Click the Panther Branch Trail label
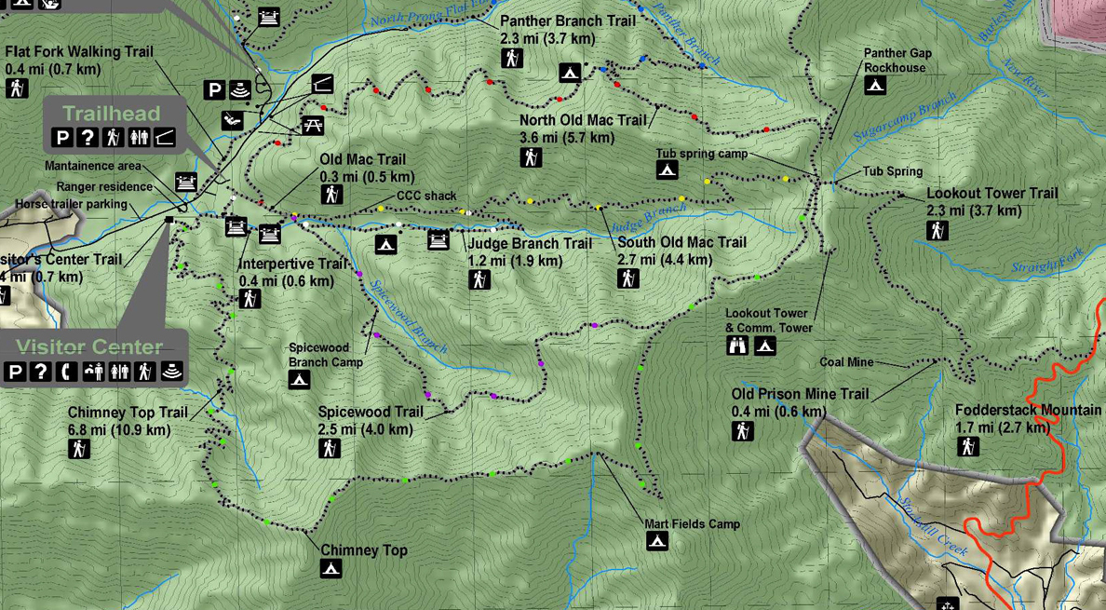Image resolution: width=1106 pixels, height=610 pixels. point(567,21)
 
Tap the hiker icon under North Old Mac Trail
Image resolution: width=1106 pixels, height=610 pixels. point(532,158)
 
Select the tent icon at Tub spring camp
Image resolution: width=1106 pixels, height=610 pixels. point(667,169)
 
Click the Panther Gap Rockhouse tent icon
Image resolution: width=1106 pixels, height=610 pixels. point(874,86)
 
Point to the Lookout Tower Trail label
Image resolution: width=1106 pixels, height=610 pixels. point(991,194)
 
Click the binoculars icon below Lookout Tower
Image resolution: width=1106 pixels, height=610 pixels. point(737,346)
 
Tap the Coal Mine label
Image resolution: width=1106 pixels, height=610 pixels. point(846,362)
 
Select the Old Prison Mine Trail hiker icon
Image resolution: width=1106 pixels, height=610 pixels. point(742,431)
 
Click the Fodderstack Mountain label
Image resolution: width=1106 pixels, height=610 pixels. point(1028,411)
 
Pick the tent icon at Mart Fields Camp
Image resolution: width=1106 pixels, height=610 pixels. point(657,542)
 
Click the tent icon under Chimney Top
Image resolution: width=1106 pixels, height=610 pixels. point(330,569)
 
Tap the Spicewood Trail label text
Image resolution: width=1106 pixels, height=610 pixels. point(371,412)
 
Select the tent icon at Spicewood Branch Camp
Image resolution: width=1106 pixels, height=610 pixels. point(299,379)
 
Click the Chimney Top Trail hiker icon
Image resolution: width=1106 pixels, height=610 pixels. point(79,449)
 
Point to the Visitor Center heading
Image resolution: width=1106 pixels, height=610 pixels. point(89,347)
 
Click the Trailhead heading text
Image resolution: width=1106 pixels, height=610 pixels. point(111,114)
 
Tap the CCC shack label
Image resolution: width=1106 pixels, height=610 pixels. point(426,196)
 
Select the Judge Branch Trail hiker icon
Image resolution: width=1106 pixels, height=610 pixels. point(479,278)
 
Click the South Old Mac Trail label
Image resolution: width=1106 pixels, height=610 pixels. point(681,243)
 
